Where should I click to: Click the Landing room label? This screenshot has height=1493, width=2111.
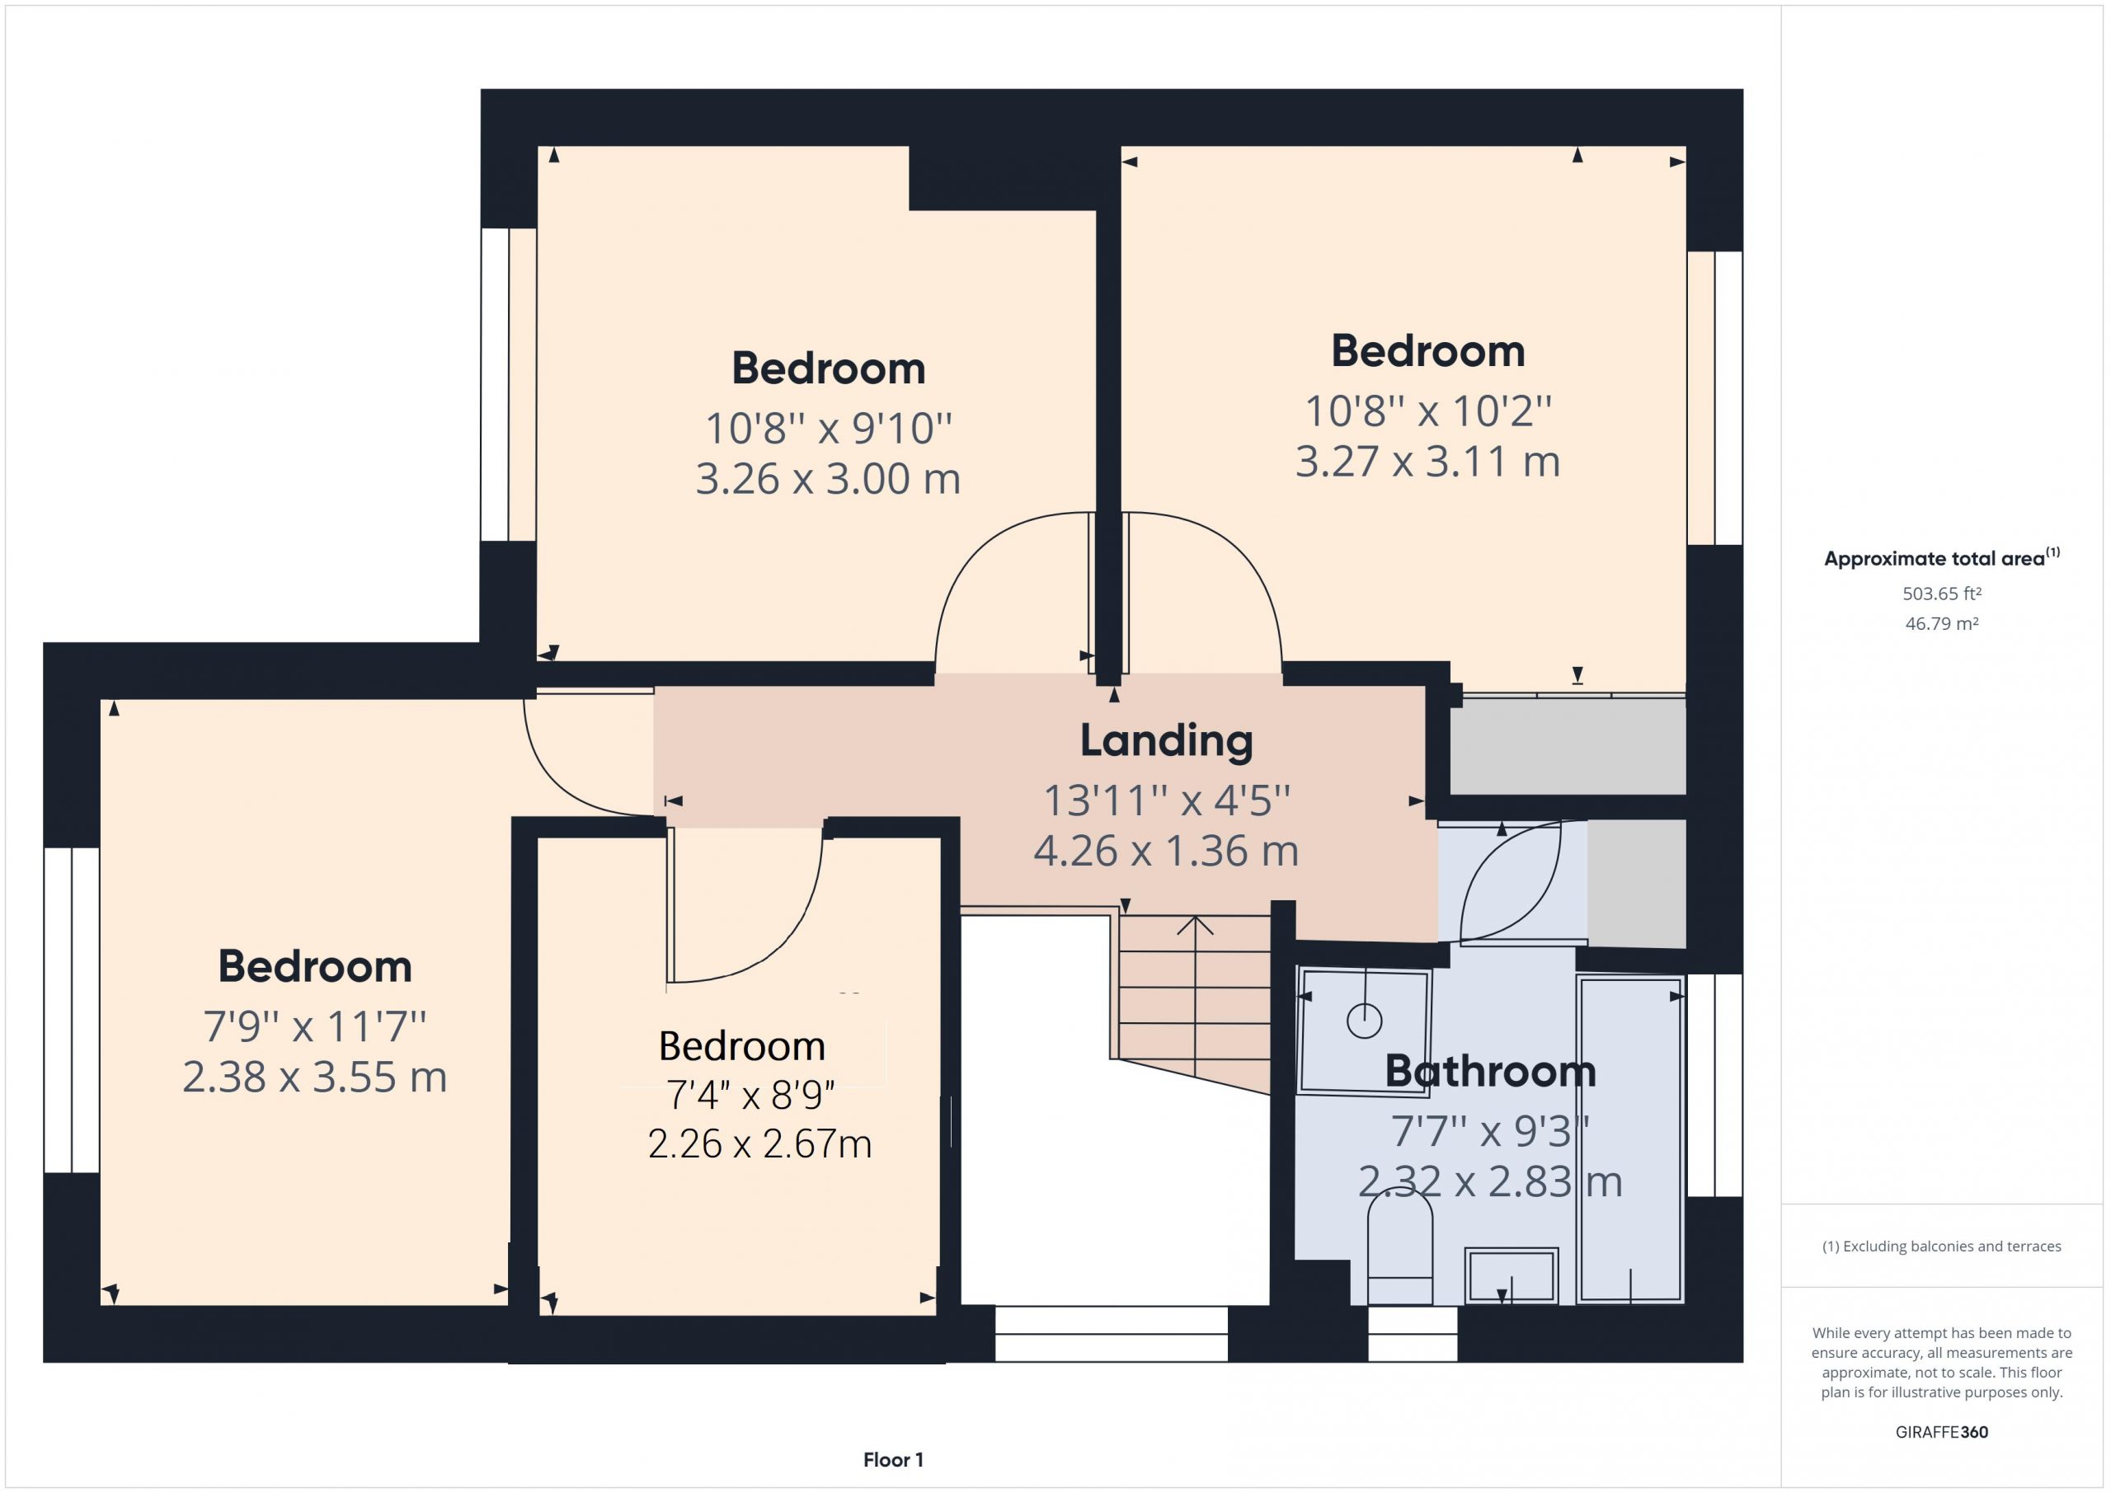tap(1166, 741)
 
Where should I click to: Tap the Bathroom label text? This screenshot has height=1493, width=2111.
tap(1490, 1071)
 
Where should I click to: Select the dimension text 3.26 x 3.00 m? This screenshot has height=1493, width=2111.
tap(827, 479)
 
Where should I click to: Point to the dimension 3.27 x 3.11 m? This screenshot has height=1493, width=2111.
tap(1428, 462)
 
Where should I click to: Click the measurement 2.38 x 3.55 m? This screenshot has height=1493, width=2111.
tap(314, 1077)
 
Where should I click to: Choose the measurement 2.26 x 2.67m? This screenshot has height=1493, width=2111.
tap(759, 1143)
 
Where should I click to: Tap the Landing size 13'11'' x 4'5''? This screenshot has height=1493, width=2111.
tap(1167, 800)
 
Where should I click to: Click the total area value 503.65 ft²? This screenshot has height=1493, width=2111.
tap(1942, 594)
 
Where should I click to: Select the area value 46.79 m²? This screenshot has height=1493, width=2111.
tap(1942, 623)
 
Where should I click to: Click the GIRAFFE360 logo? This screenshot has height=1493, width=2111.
tap(1942, 1431)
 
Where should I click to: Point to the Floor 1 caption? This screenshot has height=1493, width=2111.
tap(893, 1459)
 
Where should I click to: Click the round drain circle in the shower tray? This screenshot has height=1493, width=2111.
tap(1365, 1021)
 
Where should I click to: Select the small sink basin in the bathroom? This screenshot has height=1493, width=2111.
tap(1511, 1276)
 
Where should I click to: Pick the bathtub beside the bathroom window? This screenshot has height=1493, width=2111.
tap(1630, 1139)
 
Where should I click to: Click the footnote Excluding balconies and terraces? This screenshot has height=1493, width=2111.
tap(1942, 1247)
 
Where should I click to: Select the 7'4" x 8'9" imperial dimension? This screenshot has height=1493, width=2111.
tap(750, 1095)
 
